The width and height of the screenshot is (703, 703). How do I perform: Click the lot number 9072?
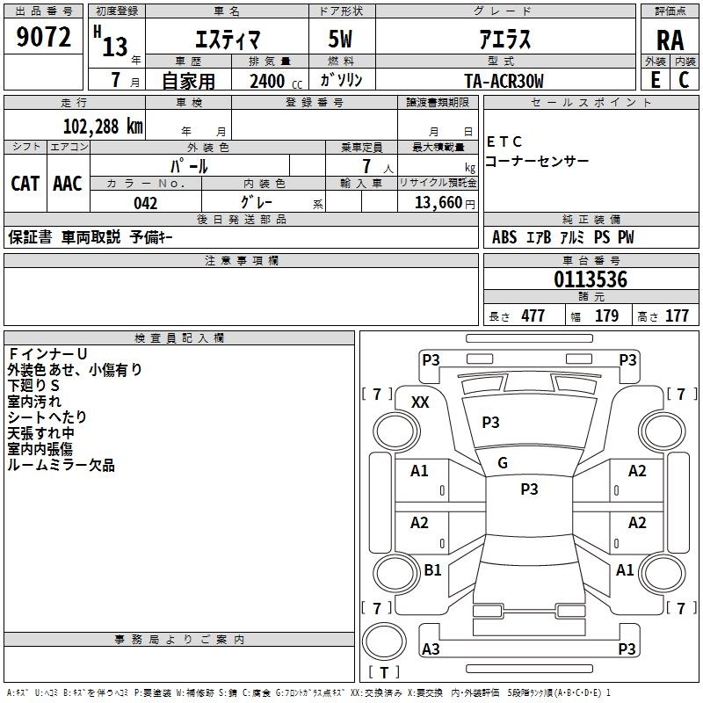43,37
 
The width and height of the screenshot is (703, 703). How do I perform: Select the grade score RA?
670,40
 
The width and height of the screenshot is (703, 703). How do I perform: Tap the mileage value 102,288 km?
103,127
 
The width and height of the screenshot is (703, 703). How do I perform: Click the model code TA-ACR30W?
504,81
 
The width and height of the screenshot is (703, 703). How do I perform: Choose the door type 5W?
340,39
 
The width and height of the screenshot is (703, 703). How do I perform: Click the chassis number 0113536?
591,279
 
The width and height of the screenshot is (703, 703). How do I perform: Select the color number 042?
145,204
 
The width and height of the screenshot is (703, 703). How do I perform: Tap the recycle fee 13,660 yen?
445,203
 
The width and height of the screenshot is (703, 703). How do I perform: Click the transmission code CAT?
25,184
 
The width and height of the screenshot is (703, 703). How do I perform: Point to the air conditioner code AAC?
68,184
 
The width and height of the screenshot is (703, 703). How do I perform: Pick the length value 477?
533,315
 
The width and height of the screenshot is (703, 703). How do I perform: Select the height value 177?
677,315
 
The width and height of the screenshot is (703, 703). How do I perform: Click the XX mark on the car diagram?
420,402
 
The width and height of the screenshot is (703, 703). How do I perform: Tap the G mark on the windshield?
503,463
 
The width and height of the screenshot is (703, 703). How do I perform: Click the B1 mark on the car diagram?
432,569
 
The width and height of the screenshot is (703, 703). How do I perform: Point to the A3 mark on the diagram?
431,649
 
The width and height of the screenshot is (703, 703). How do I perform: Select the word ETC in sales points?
504,141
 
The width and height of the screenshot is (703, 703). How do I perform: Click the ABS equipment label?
504,237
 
